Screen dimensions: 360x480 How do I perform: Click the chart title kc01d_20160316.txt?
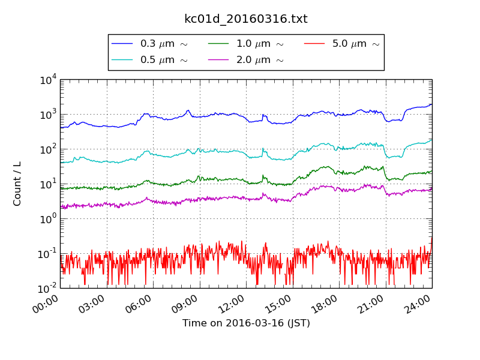point(245,19)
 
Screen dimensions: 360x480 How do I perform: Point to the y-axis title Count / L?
point(17,184)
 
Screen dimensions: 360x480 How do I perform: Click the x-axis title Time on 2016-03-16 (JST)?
point(246,323)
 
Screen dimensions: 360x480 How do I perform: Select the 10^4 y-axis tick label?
point(48,79)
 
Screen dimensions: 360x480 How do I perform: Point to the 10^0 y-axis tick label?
point(48,218)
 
